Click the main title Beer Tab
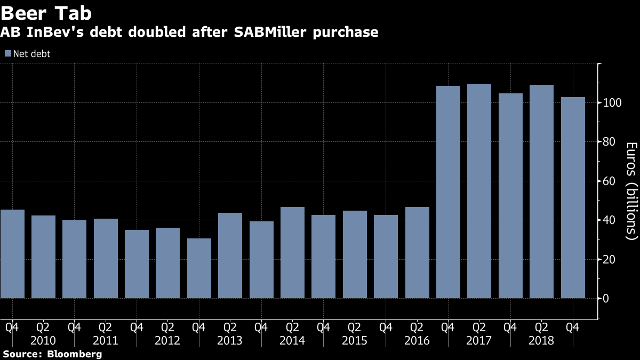(47, 13)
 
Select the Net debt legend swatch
(7, 53)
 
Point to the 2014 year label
(292, 340)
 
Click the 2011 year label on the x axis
(106, 340)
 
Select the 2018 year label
(542, 340)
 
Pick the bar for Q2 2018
(542, 191)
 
